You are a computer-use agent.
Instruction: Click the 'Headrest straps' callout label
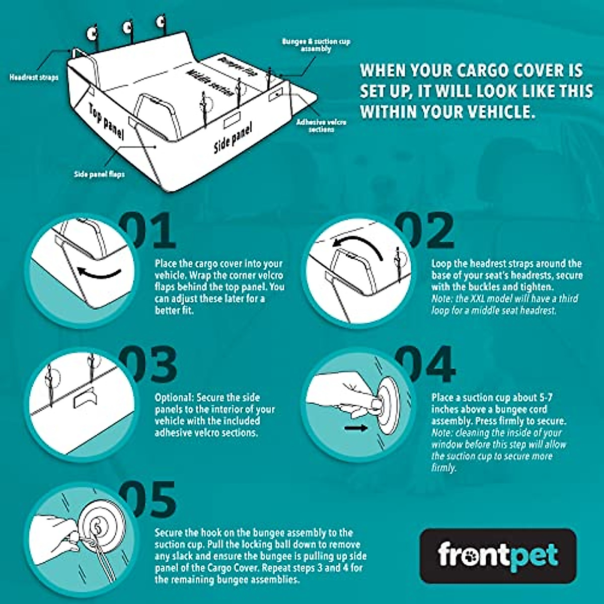click(x=34, y=78)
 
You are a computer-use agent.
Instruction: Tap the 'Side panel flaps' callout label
click(x=99, y=174)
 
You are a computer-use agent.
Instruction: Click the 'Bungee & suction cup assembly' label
click(x=316, y=45)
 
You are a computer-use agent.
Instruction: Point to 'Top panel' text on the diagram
click(x=107, y=121)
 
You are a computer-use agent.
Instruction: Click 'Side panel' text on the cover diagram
click(x=233, y=137)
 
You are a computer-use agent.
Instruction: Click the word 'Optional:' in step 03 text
click(x=174, y=398)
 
